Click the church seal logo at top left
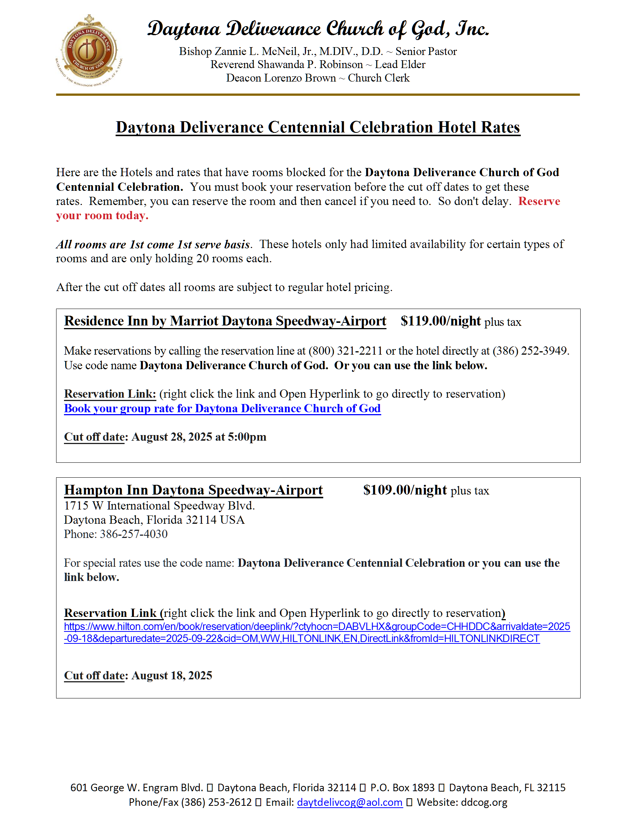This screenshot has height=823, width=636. pyautogui.click(x=89, y=50)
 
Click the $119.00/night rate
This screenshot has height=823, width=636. pyautogui.click(x=440, y=321)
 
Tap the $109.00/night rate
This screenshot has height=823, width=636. pyautogui.click(x=405, y=490)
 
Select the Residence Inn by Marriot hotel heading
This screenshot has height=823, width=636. pyautogui.click(x=225, y=321)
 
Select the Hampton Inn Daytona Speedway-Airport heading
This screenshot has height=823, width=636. pyautogui.click(x=193, y=490)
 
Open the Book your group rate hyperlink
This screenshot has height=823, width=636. pyautogui.click(x=222, y=409)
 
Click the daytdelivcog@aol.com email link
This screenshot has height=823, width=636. pyautogui.click(x=350, y=802)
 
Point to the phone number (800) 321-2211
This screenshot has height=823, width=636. pyautogui.click(x=346, y=351)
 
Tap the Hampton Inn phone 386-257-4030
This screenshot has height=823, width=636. pyautogui.click(x=134, y=534)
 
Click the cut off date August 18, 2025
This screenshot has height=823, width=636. pyautogui.click(x=171, y=675)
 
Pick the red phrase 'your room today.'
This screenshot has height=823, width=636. pyautogui.click(x=102, y=215)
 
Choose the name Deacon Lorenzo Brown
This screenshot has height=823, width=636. pyautogui.click(x=281, y=78)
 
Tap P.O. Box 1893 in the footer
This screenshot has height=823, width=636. pyautogui.click(x=402, y=787)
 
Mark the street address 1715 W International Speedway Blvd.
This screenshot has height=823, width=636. pyautogui.click(x=159, y=505)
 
